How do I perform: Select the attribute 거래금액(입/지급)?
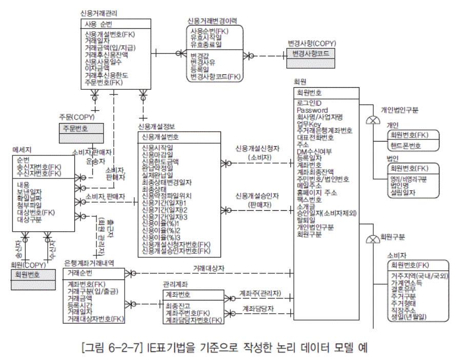pyautogui.click(x=110, y=48)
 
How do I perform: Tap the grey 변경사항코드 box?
pyautogui.click(x=311, y=53)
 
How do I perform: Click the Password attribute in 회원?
pyautogui.click(x=312, y=110)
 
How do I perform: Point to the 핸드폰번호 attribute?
pyautogui.click(x=406, y=146)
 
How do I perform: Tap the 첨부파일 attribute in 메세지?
pyautogui.click(x=29, y=205)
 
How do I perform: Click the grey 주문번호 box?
pyautogui.click(x=75, y=128)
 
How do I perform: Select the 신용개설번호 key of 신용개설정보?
pyautogui.click(x=160, y=137)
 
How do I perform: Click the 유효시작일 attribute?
pyautogui.click(x=206, y=37)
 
